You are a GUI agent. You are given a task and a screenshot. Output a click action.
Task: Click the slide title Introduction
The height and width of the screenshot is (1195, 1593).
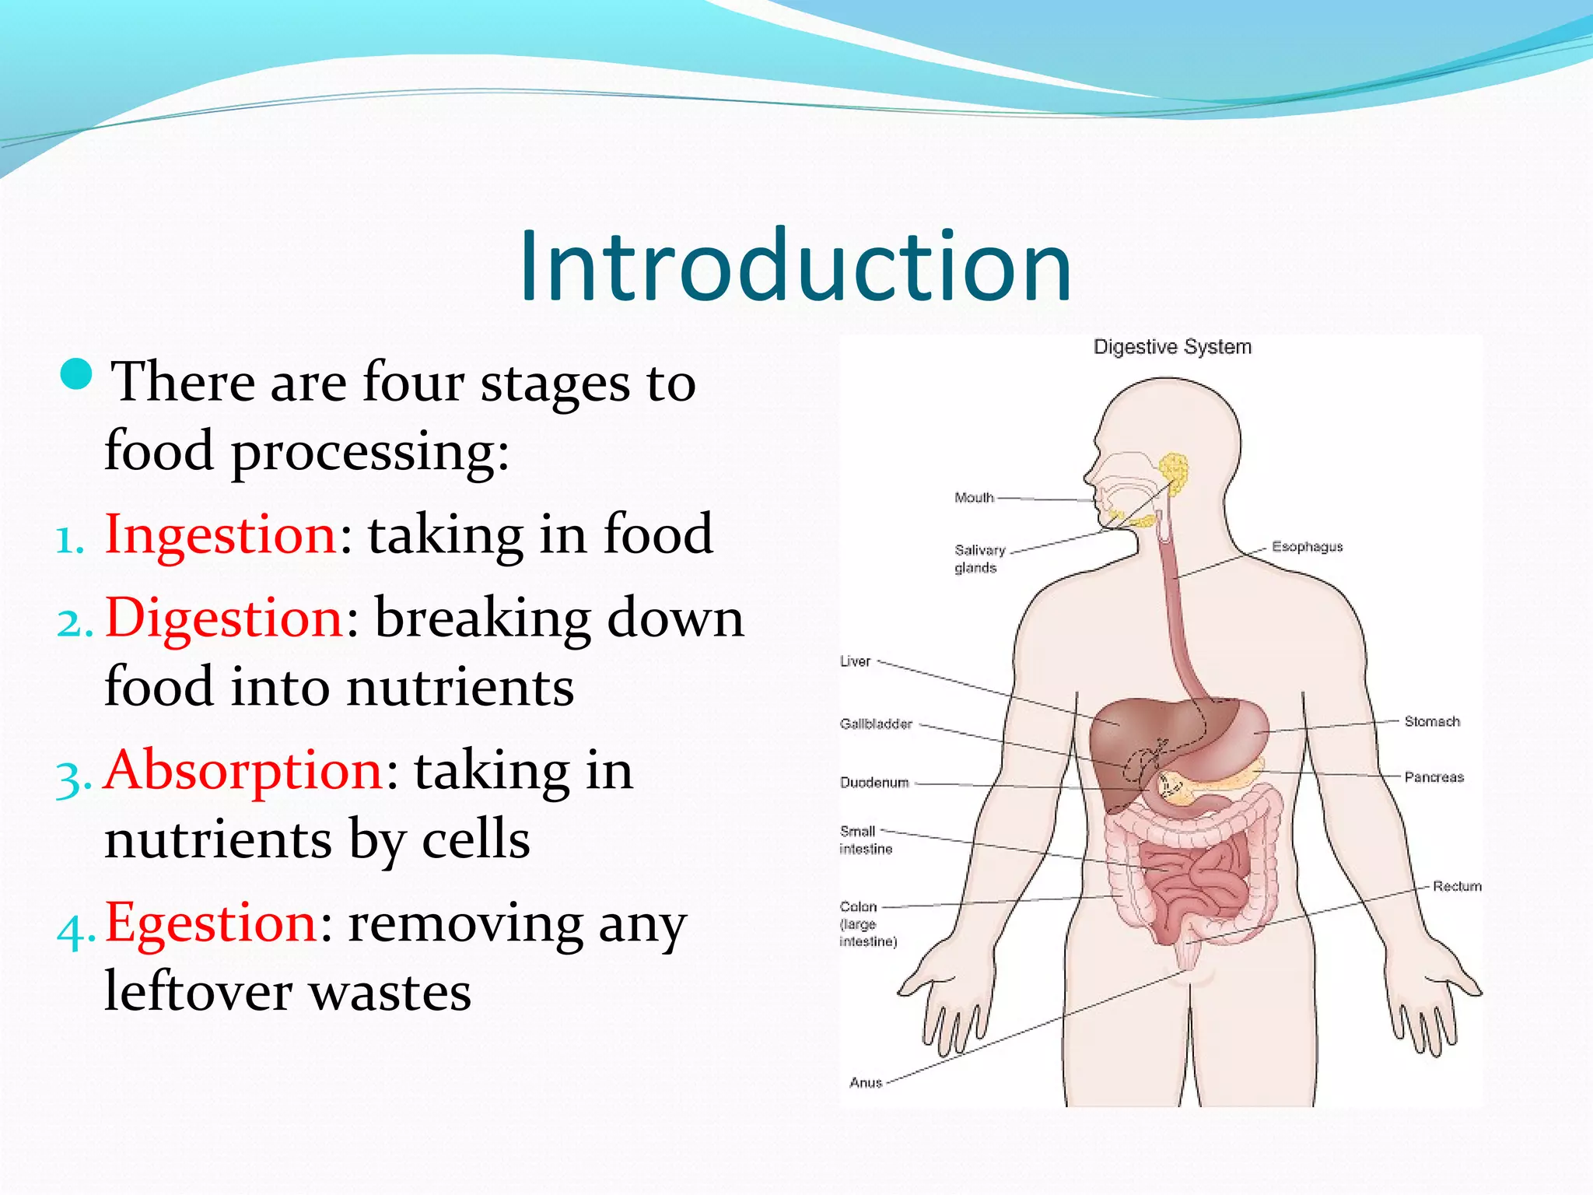pyautogui.click(x=795, y=266)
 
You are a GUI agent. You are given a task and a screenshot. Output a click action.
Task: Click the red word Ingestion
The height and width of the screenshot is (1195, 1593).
pyautogui.click(x=220, y=535)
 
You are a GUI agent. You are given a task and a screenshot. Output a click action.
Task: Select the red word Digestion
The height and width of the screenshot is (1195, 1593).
pyautogui.click(x=224, y=619)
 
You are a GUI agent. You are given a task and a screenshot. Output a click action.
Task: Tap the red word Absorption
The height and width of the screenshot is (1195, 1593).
pyautogui.click(x=243, y=771)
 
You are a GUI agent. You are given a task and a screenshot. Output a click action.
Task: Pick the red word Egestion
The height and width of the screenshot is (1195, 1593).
pyautogui.click(x=211, y=923)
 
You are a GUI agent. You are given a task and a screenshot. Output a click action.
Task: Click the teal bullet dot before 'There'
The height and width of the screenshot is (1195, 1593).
pyautogui.click(x=76, y=375)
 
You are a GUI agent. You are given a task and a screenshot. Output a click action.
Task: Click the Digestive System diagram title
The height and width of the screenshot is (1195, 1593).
pyautogui.click(x=1172, y=347)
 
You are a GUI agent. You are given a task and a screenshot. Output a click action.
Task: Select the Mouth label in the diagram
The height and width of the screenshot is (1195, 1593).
pyautogui.click(x=974, y=498)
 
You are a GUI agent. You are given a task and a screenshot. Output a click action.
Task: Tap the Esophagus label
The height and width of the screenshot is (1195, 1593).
pyautogui.click(x=1307, y=547)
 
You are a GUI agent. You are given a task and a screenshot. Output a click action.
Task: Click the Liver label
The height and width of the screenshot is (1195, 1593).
pyautogui.click(x=855, y=661)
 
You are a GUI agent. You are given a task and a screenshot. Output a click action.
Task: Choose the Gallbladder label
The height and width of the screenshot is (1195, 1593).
pyautogui.click(x=876, y=724)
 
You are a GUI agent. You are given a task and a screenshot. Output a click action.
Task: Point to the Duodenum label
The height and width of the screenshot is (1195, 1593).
pyautogui.click(x=874, y=783)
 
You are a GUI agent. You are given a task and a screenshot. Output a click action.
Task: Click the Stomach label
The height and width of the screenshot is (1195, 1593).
pyautogui.click(x=1431, y=722)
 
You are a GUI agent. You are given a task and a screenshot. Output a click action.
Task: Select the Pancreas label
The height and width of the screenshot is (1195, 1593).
pyautogui.click(x=1434, y=777)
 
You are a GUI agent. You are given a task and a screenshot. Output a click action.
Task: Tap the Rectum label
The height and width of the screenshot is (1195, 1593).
pyautogui.click(x=1457, y=886)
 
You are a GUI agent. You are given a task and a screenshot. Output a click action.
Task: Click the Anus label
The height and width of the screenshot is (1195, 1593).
pyautogui.click(x=866, y=1083)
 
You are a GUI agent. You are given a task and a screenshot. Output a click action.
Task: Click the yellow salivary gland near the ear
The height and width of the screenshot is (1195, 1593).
pyautogui.click(x=1174, y=472)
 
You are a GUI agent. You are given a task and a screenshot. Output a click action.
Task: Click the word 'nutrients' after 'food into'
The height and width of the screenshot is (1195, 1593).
pyautogui.click(x=460, y=688)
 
